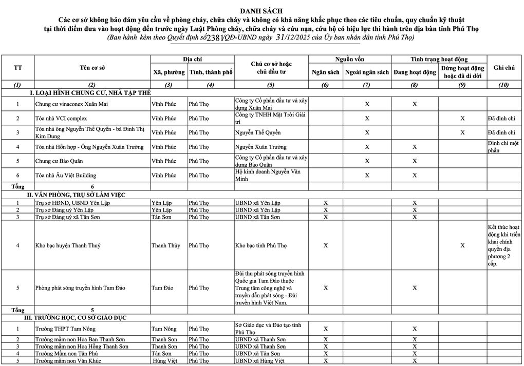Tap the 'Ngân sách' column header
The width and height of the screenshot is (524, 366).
[x=326, y=72]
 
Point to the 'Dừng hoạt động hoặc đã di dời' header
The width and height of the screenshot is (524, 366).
[x=462, y=72]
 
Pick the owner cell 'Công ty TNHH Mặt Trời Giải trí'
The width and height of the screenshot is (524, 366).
[x=270, y=119]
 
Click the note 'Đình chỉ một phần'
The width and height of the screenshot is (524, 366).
[x=503, y=147]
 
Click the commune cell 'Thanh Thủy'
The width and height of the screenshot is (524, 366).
[x=166, y=245]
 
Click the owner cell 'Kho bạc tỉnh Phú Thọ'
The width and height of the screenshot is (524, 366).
[x=260, y=245]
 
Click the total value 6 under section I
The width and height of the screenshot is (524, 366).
[x=92, y=186]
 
